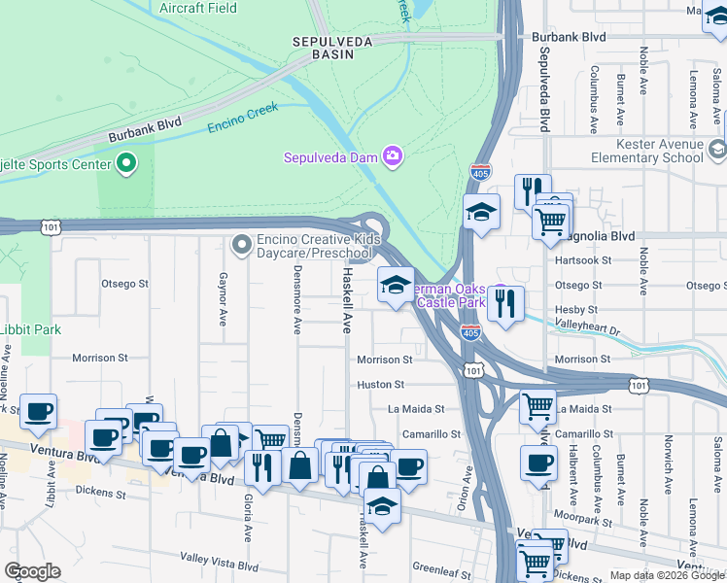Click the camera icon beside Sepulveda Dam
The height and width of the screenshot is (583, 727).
point(393,155)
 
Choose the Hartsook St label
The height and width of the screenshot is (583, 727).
point(581,260)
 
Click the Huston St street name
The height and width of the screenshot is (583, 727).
point(380,385)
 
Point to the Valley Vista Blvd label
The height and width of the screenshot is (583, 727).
point(219,559)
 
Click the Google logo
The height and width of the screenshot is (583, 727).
point(32,571)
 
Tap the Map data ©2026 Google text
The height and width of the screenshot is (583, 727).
point(666,575)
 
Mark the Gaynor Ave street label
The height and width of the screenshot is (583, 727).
point(223,298)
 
